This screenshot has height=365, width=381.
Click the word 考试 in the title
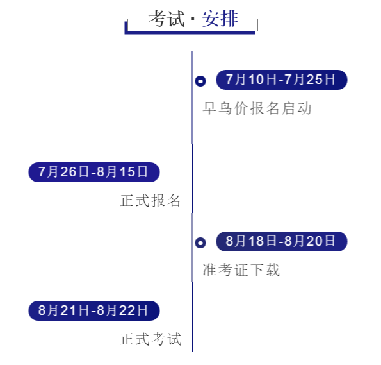166,18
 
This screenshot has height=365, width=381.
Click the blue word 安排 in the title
220,18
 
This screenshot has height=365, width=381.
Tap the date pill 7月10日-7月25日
282,80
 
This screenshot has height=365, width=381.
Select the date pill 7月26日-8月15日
94,172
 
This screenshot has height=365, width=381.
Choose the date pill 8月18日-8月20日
282,241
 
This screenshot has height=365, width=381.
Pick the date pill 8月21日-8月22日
94,310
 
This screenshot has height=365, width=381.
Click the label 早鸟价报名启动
257,108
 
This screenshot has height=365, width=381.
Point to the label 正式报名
150,201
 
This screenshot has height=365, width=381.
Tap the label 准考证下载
241,270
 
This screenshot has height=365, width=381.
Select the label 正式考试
150,339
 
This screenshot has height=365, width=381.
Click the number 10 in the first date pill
256,80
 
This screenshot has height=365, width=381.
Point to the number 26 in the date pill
69,172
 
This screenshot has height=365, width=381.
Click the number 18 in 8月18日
256,241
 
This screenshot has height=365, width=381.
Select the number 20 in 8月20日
314,241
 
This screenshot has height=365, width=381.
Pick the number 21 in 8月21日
68,310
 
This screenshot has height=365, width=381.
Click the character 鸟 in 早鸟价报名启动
225,108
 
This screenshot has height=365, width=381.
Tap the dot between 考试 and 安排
193,19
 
